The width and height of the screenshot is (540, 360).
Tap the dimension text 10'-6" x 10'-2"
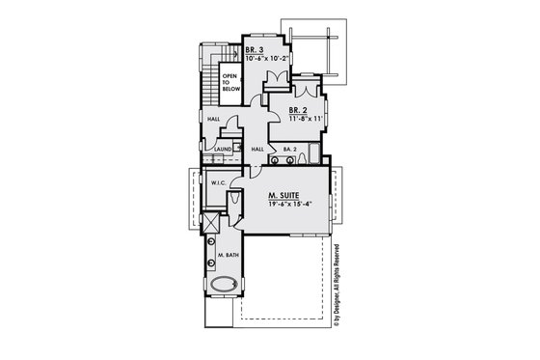click(x=267, y=57)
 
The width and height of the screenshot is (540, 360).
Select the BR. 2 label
click(x=297, y=111)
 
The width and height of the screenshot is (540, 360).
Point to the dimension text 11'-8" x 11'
click(x=305, y=120)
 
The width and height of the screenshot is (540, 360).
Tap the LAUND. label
click(x=222, y=150)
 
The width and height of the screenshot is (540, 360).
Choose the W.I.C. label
click(x=219, y=181)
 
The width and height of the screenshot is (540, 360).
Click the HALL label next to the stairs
click(x=213, y=119)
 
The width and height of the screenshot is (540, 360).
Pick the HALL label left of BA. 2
click(x=257, y=150)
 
